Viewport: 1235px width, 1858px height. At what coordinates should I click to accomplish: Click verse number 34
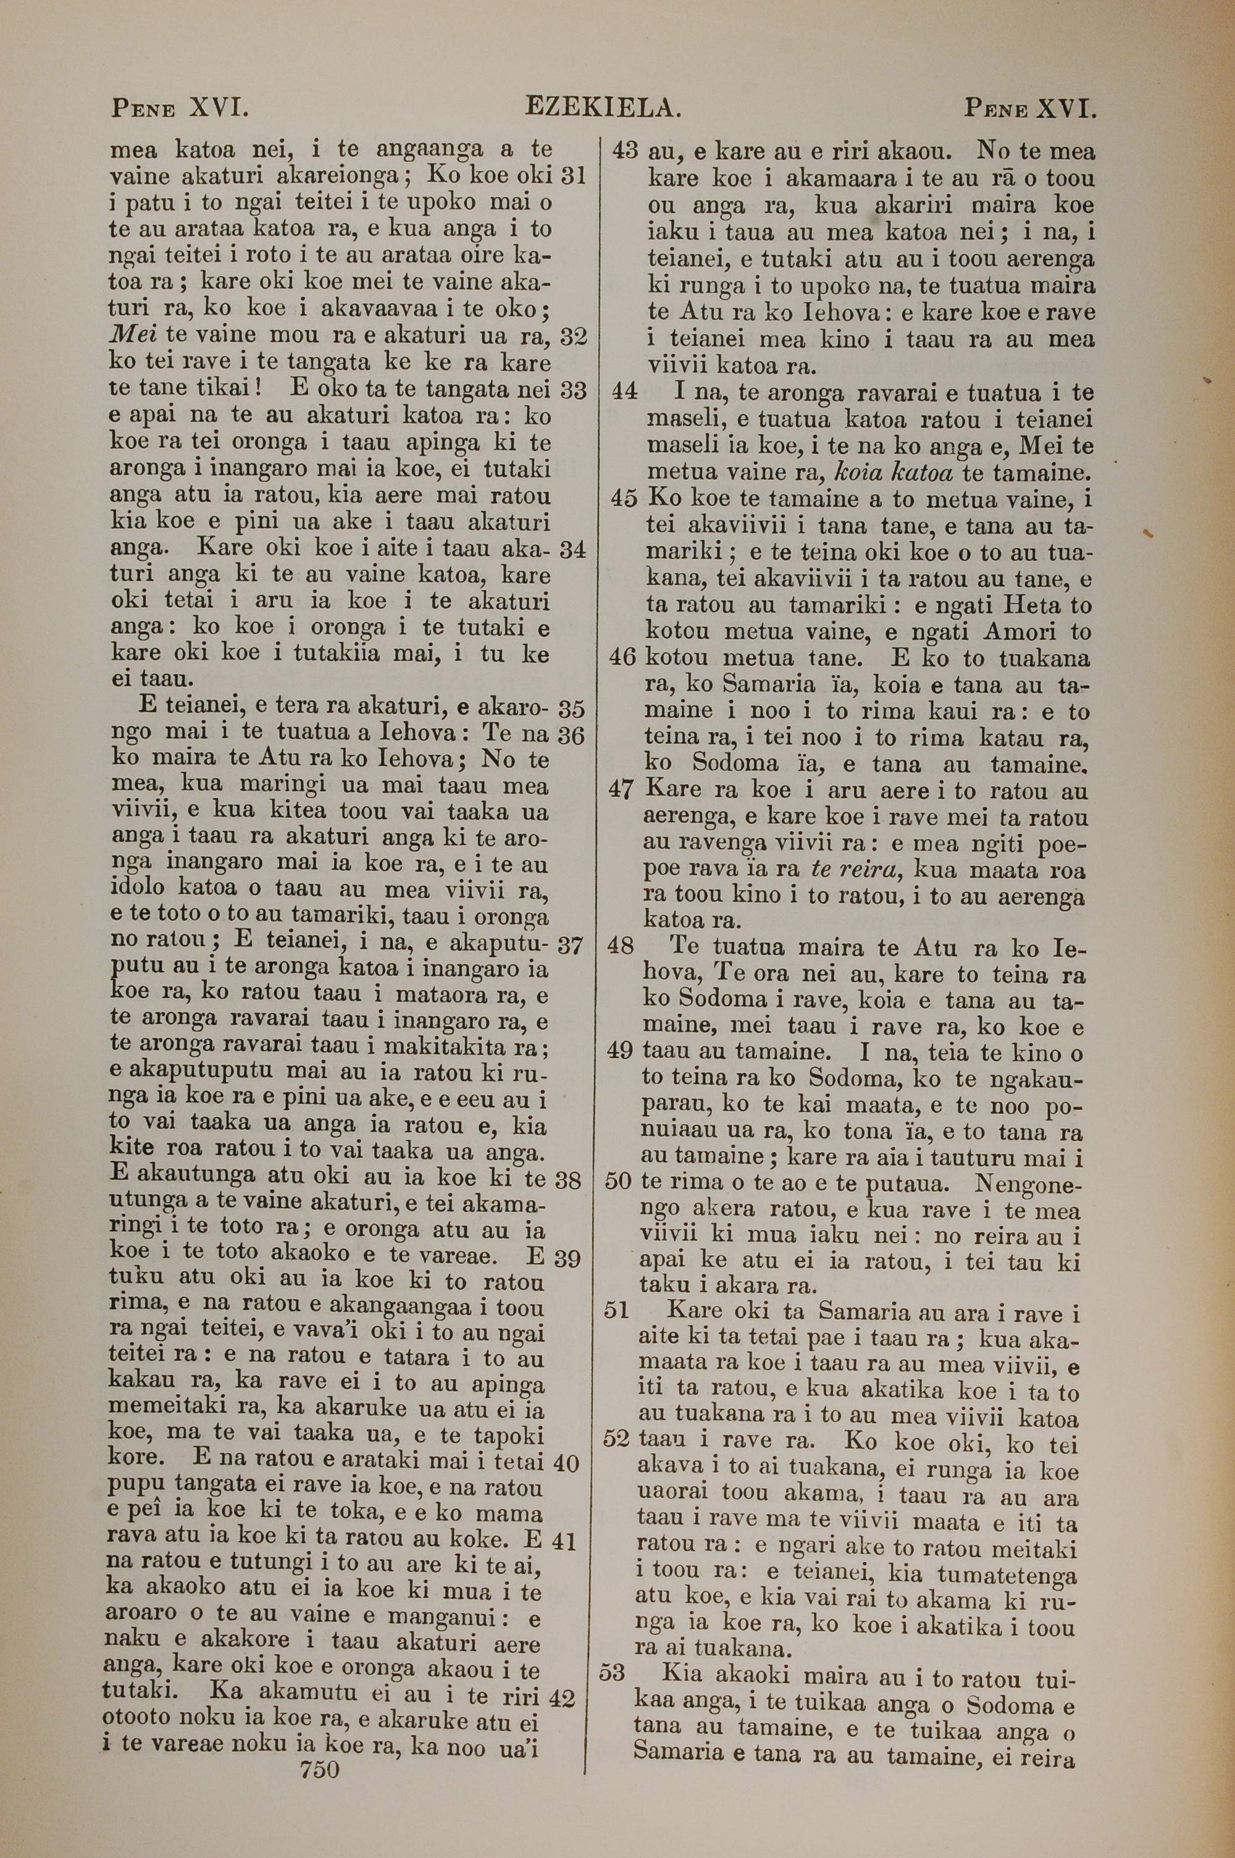572,550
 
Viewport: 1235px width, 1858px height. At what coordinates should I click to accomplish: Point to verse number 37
569,945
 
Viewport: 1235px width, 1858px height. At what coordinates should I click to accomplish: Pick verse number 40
566,1463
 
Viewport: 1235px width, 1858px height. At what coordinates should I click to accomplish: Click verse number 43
624,151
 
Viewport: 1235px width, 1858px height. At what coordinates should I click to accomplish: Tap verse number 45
624,498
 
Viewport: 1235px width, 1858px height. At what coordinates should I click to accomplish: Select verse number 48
621,946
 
